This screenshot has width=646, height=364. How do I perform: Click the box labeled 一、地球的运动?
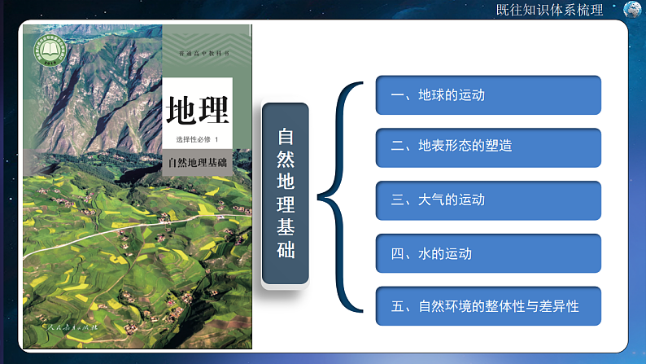point(488,95)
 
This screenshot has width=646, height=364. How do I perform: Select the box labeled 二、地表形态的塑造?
point(488,147)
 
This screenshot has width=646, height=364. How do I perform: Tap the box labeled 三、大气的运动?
point(488,200)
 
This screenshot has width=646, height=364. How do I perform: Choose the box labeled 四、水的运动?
point(488,254)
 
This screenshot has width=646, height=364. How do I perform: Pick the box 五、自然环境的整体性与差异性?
point(488,307)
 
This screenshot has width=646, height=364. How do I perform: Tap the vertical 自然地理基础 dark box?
point(286,193)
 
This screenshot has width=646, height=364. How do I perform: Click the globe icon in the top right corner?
point(632,10)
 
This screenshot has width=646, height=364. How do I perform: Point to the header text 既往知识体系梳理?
point(549,11)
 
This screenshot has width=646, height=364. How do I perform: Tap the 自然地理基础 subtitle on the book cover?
point(197,162)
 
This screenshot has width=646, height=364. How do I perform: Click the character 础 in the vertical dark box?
point(286,250)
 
